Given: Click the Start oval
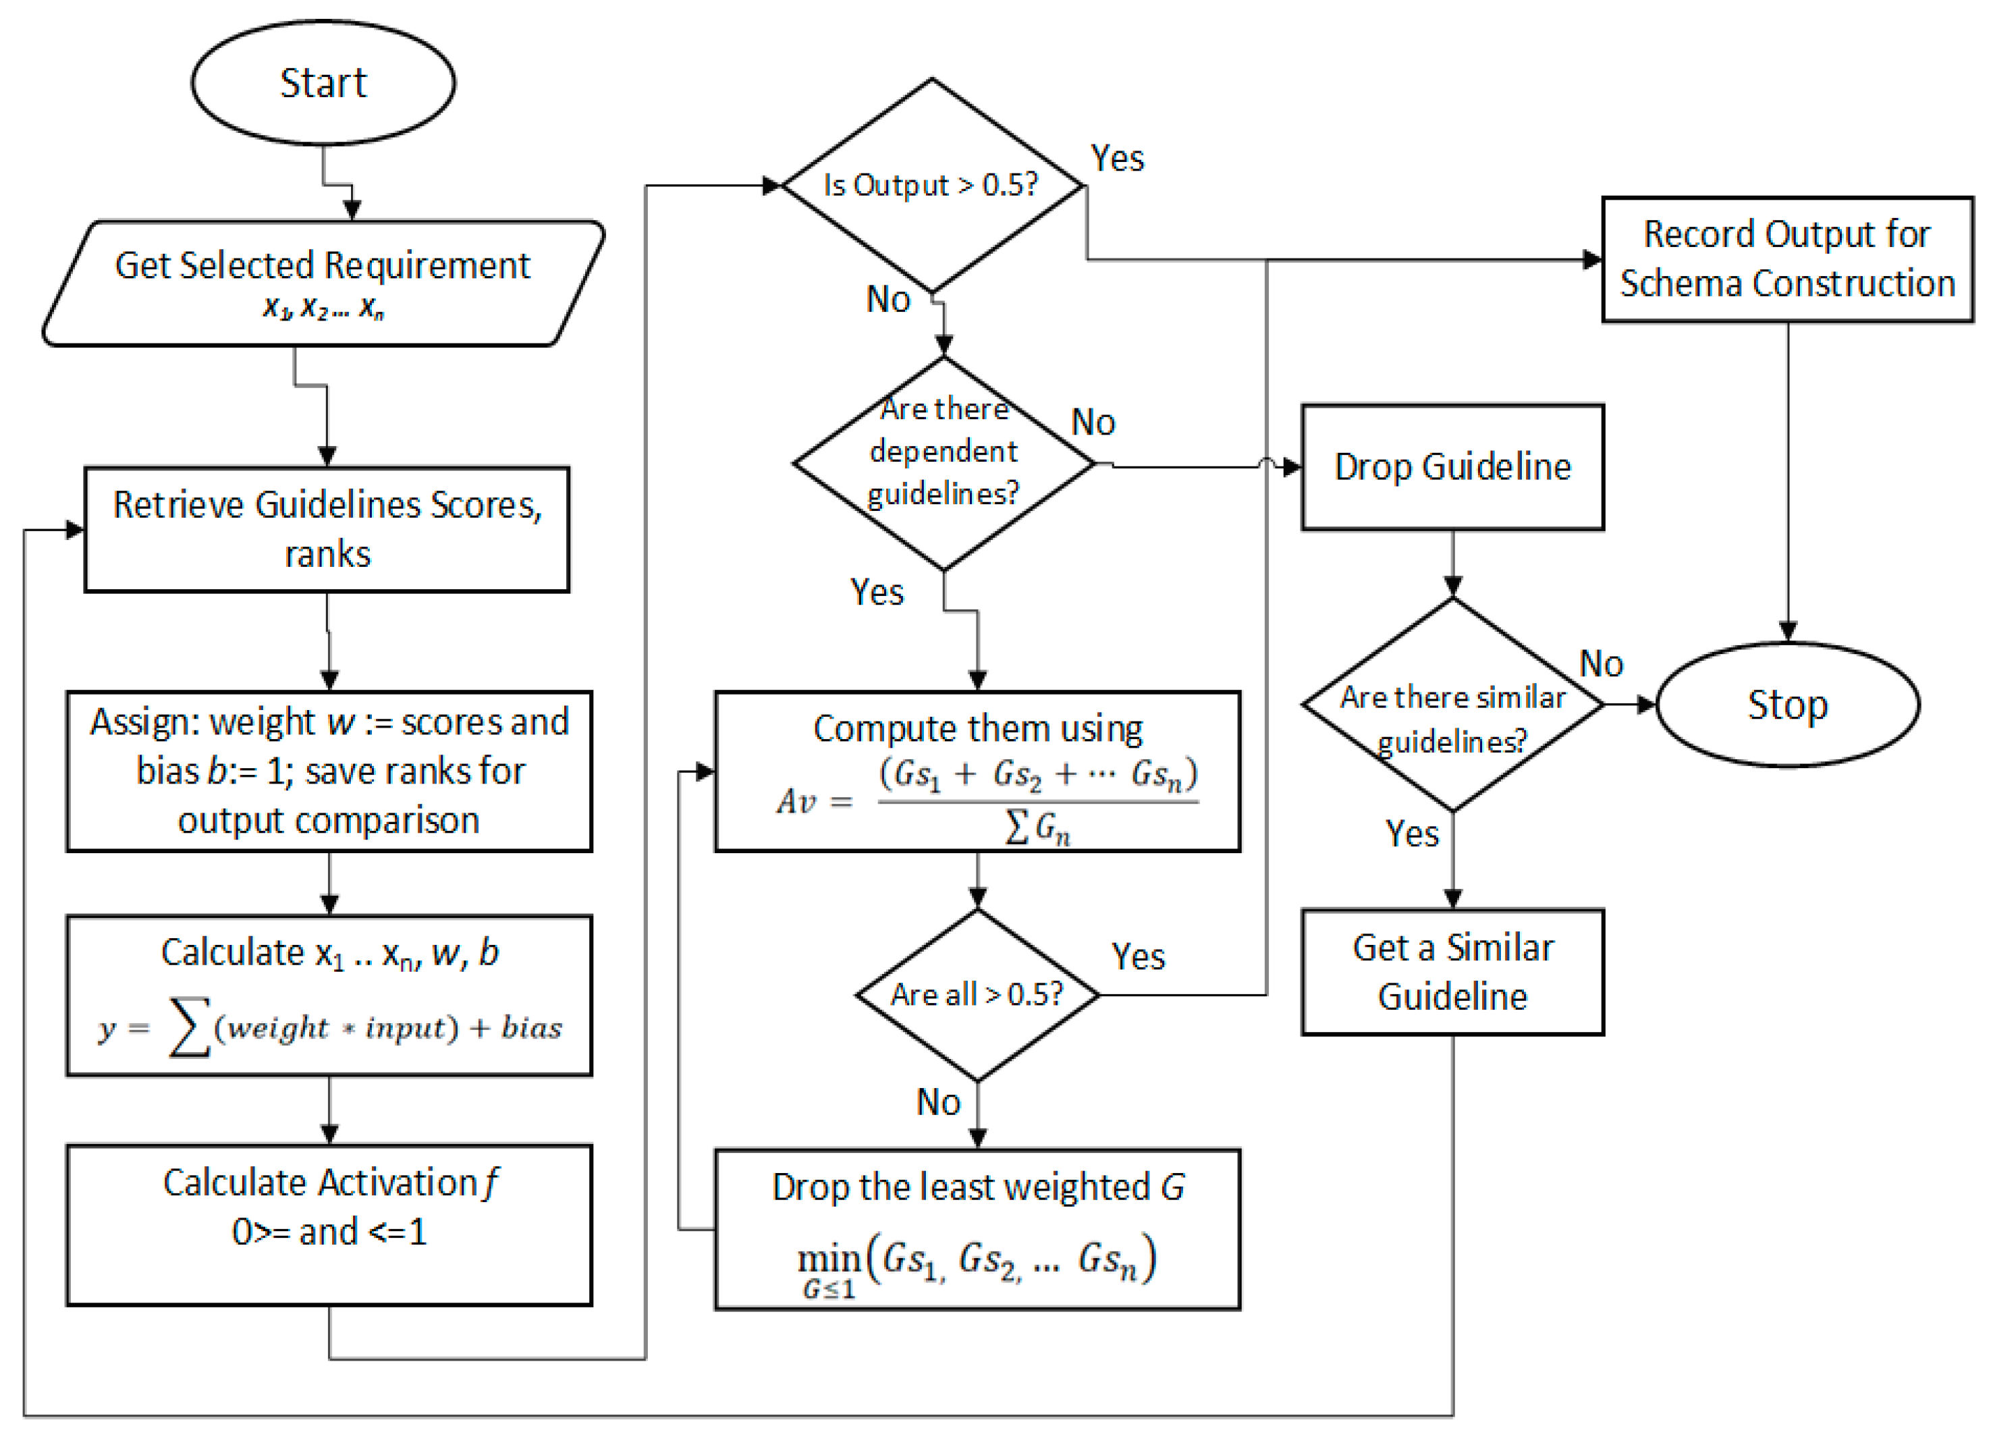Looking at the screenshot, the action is pyautogui.click(x=323, y=82).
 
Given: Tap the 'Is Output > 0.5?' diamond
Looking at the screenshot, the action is pyautogui.click(x=932, y=186).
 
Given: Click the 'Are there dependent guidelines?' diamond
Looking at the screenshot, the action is pyautogui.click(x=944, y=463).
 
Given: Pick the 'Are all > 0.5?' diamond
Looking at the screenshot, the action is pyautogui.click(x=977, y=995).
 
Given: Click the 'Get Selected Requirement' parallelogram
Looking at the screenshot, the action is pyautogui.click(x=323, y=283).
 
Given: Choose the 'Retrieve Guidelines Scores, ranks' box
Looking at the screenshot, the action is pyautogui.click(x=327, y=529).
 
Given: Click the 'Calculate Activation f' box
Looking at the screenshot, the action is pyautogui.click(x=329, y=1225).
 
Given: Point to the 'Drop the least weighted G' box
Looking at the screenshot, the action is pyautogui.click(x=977, y=1229).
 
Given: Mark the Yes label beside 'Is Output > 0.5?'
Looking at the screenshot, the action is pyautogui.click(x=1117, y=158).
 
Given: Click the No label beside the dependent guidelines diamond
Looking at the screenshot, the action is pyautogui.click(x=1093, y=423).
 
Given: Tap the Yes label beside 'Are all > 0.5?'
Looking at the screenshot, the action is pyautogui.click(x=1138, y=956).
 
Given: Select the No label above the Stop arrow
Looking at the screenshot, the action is pyautogui.click(x=1601, y=663).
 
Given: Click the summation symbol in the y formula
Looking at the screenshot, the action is pyautogui.click(x=189, y=1027).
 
